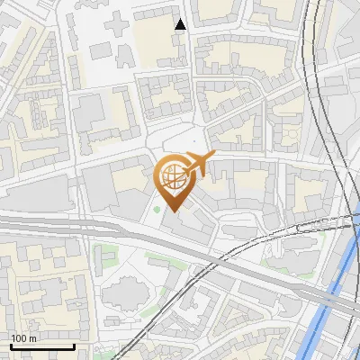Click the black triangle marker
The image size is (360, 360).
click(181, 24)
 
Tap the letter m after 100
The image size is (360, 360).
click(33, 338)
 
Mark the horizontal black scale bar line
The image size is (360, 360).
click(42, 346)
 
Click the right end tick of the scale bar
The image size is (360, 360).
click(74, 345)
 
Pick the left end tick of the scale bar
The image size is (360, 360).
click(11, 345)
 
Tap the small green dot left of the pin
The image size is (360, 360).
click(157, 211)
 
